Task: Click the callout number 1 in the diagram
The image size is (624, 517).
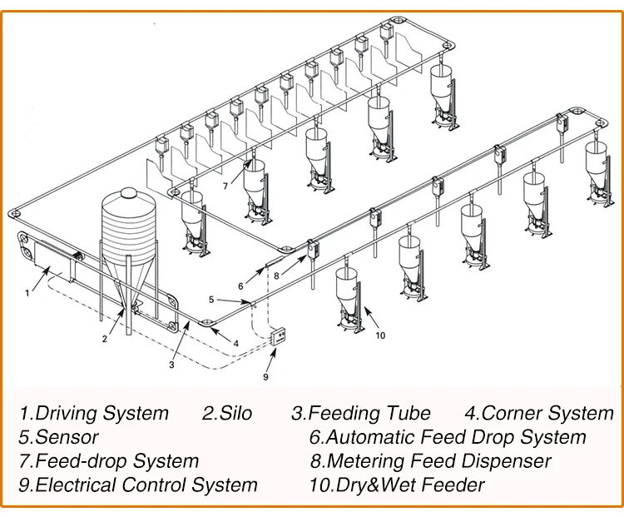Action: (x=27, y=292)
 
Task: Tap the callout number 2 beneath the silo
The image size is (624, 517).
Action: (x=105, y=338)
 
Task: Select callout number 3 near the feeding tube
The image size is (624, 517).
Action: (x=171, y=364)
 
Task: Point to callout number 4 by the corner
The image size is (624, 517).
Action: (x=236, y=342)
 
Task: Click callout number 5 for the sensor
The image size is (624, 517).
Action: (x=210, y=299)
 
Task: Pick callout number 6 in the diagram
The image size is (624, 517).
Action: (x=240, y=286)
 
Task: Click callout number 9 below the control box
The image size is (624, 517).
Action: (x=266, y=375)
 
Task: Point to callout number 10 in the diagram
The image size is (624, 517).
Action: (x=381, y=336)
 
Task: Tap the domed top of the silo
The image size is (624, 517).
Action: (x=127, y=195)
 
